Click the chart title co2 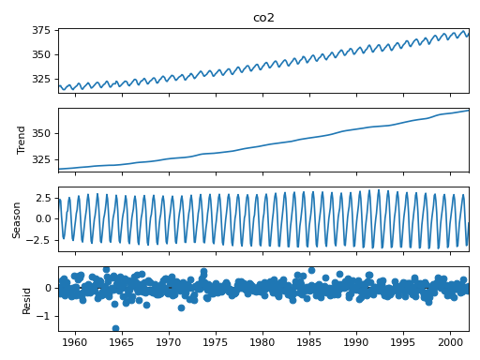point(263,18)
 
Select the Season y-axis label point(17,218)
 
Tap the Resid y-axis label point(27,298)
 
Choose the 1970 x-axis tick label point(170,343)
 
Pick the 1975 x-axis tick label point(217,343)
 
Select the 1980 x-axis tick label point(263,343)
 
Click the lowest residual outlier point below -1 point(115,328)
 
